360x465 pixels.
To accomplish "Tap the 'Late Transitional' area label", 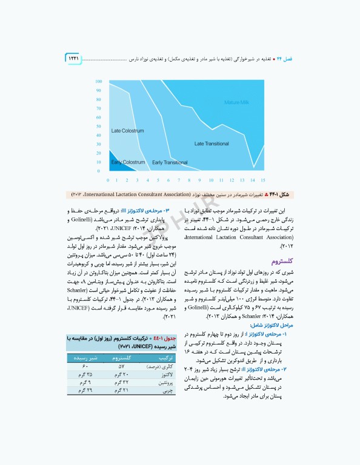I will point(212,143).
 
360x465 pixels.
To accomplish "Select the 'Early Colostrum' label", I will point(128,162).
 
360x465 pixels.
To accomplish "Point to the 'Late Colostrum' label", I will point(127,131).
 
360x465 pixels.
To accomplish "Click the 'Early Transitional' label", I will point(170,162).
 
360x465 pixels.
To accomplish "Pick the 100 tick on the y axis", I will point(98,82).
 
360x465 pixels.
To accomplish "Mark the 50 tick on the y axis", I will point(98,127).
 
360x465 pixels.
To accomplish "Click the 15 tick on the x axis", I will point(262,180).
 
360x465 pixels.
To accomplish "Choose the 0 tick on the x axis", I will point(108,180).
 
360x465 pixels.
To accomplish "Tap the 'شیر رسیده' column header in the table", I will point(84,358).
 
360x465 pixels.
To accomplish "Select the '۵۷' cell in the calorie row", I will point(121,367).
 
